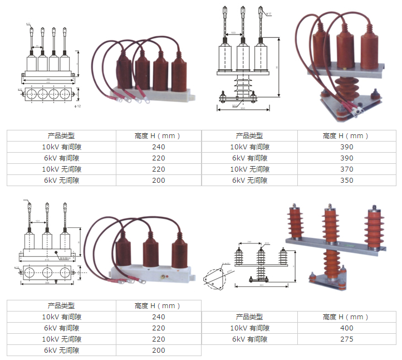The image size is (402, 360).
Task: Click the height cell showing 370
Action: tap(346, 169)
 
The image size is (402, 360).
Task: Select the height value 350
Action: tap(346, 181)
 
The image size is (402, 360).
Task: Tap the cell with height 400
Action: tap(346, 328)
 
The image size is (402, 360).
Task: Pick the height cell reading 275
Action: tap(346, 339)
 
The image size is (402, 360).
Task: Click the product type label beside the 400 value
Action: tap(249, 328)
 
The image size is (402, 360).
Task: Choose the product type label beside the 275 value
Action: tap(249, 339)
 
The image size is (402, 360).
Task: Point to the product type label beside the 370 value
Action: tap(249, 169)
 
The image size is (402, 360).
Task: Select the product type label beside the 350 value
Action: tap(249, 181)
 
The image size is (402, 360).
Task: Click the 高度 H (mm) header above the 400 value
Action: tap(346, 317)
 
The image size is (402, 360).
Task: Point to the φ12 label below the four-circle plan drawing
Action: tap(79, 106)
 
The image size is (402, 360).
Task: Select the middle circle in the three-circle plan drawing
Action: tap(47, 272)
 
